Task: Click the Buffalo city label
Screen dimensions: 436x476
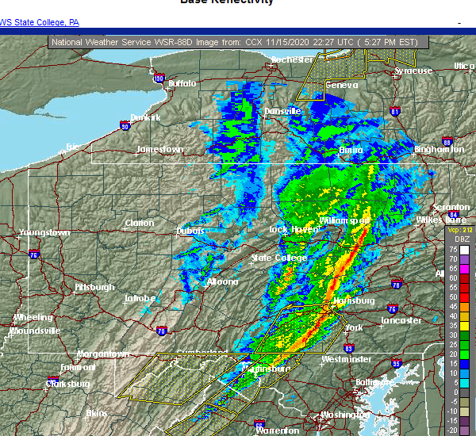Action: (182, 82)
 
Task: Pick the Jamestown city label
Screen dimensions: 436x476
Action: (159, 149)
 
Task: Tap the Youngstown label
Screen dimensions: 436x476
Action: (46, 233)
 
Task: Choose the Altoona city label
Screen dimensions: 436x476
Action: (222, 281)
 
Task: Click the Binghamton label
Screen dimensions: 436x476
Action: (440, 149)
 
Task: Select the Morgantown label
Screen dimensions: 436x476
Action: (103, 354)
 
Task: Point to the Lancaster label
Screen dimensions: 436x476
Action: (401, 320)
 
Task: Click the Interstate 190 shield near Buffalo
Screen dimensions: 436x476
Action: (159, 78)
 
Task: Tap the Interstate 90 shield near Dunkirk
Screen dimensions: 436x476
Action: (124, 125)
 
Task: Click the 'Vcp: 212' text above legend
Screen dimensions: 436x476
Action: (459, 231)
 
